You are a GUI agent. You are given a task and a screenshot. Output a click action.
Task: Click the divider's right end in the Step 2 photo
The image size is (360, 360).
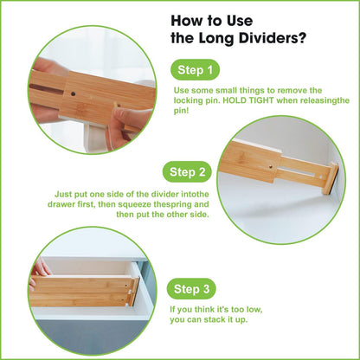(x=326, y=181)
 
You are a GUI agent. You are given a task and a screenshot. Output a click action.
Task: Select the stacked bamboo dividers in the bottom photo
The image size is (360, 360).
(x=82, y=291)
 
